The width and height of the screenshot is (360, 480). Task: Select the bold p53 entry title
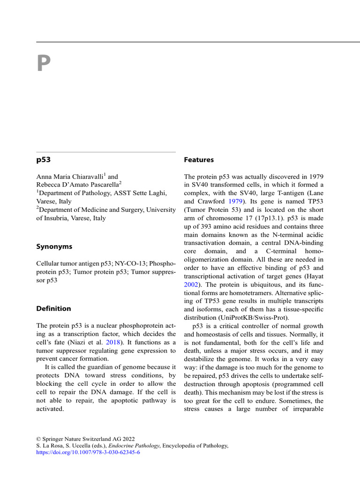44,160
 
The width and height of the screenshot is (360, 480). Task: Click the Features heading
199,160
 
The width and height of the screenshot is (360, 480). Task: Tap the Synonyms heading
54,247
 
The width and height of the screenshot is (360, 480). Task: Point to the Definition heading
53,308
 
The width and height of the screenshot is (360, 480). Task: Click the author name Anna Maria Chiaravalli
70,177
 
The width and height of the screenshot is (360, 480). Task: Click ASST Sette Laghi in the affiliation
138,193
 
